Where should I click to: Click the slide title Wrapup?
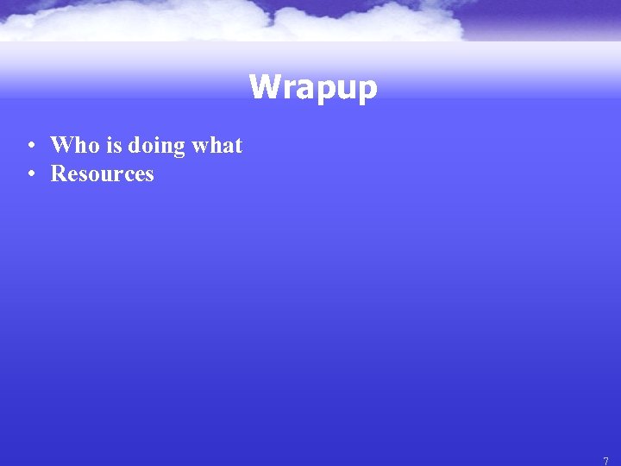pos(313,87)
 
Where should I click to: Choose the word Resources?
pos(102,173)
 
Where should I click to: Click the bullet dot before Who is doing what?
pos(30,146)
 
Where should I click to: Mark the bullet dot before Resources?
pos(30,174)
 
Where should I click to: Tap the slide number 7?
pos(605,461)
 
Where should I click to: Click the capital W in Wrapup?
pos(263,86)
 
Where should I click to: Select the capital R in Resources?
pos(59,173)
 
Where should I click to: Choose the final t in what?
pos(238,145)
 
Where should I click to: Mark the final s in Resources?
pos(148,174)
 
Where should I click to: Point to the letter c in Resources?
pos(126,174)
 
